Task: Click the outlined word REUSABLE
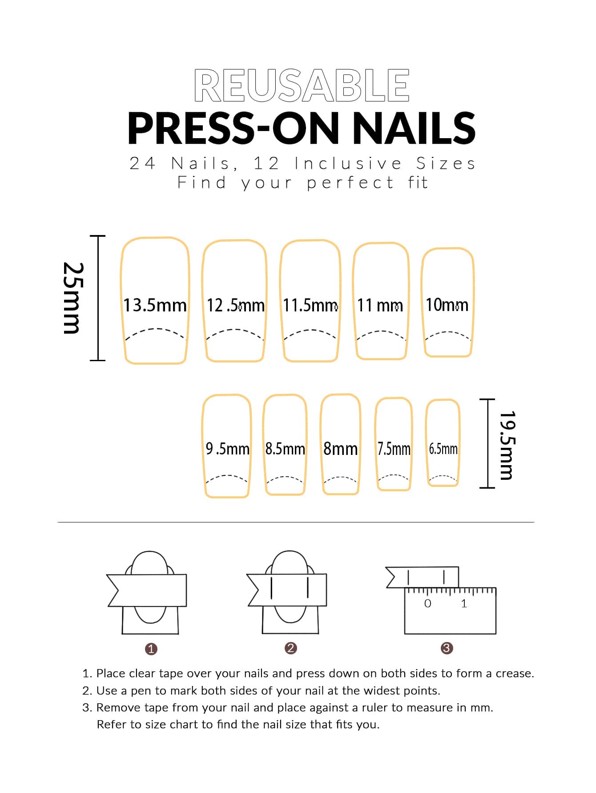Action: pos(302,85)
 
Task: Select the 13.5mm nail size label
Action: pos(155,305)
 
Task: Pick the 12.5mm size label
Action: pos(235,305)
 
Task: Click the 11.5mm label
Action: pos(310,305)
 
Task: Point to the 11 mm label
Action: pos(380,305)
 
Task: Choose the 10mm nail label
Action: pos(447,305)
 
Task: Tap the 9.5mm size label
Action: pos(227,448)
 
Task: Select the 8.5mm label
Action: pos(285,448)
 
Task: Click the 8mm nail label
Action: pos(340,449)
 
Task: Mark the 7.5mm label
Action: pos(394,449)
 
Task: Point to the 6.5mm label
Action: pos(443,449)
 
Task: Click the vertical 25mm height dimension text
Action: pos(72,298)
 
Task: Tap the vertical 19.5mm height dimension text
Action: pos(506,445)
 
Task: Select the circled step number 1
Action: pos(151,649)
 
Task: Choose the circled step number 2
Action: pos(291,648)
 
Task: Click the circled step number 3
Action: pos(447,648)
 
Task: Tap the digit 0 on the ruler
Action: pos(428,603)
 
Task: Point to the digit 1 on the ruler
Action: pos(464,603)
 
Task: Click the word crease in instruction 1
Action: pos(515,673)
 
